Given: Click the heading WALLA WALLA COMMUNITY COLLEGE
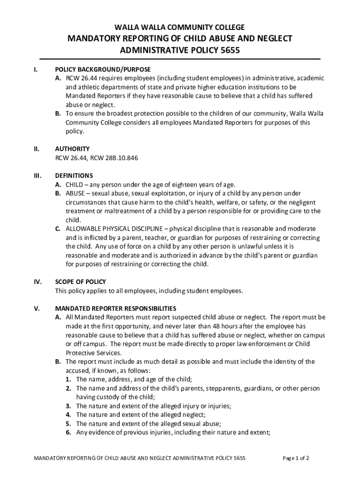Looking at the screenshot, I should pyautogui.click(x=180, y=27).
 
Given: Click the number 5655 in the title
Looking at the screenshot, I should pyautogui.click(x=230, y=51).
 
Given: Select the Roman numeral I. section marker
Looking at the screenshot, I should pyautogui.click(x=36, y=70).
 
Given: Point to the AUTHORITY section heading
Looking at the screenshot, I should pyautogui.click(x=72, y=149).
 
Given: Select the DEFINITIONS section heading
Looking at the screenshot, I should pyautogui.click(x=74, y=176).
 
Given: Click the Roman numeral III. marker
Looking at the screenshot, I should pyautogui.click(x=37, y=176).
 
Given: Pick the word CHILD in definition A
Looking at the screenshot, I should pyautogui.click(x=74, y=185).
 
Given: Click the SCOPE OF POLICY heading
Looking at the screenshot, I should pyautogui.click(x=80, y=282).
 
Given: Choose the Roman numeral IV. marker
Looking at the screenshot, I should pyautogui.click(x=37, y=282).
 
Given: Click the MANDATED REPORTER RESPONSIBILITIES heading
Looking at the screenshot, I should pyautogui.click(x=115, y=309).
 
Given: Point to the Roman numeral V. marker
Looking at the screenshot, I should pyautogui.click(x=36, y=309).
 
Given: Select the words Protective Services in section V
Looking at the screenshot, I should pyautogui.click(x=94, y=353).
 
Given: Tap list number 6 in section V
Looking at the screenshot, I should pyautogui.click(x=68, y=433).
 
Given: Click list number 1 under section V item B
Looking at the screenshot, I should pyautogui.click(x=68, y=379).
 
